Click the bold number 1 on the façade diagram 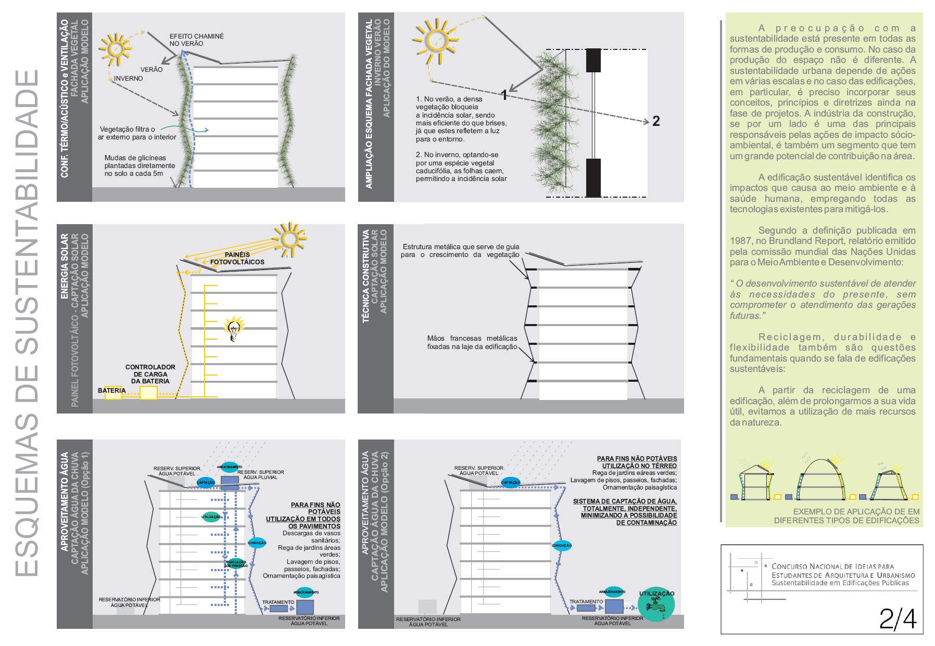click(x=504, y=95)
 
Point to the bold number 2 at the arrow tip click(x=656, y=121)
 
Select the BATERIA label click(x=111, y=390)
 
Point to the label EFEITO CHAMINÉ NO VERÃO click(x=196, y=40)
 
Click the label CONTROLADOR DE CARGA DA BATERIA click(x=150, y=374)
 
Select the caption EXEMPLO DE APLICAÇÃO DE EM click(x=856, y=511)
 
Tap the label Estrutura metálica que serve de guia click(x=461, y=247)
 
